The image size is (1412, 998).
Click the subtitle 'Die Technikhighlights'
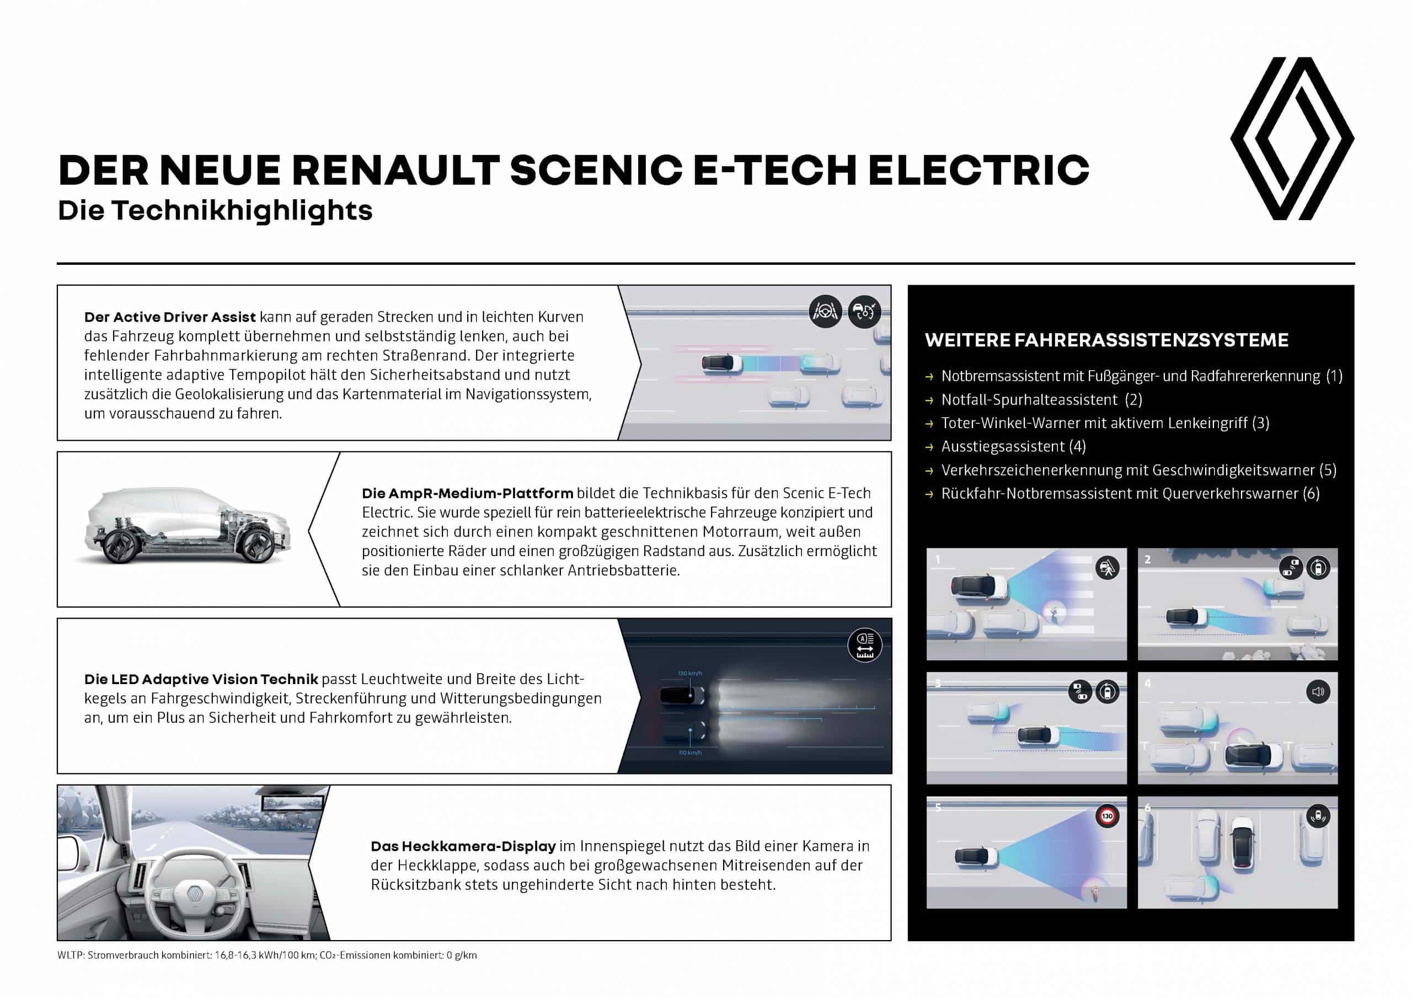coord(215,210)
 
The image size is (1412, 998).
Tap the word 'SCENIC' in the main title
coord(595,170)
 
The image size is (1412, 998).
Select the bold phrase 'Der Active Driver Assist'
coord(170,317)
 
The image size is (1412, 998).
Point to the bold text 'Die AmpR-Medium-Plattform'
coord(467,493)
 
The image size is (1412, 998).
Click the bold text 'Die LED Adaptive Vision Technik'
coord(201,679)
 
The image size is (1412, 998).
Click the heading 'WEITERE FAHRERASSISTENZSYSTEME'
coord(1106,340)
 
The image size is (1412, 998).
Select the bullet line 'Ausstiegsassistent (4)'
coord(1013,446)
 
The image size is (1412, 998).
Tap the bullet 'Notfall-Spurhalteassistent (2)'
coord(1041,399)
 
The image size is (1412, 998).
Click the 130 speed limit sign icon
coord(1107,816)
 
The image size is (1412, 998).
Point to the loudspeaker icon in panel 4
coord(1317,692)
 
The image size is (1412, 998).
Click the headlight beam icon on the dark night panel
coord(865,645)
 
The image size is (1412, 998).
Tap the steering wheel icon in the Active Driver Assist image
coord(825,311)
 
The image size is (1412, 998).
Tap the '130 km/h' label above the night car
coord(689,673)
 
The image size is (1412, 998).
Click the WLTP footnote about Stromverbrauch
coord(267,955)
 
